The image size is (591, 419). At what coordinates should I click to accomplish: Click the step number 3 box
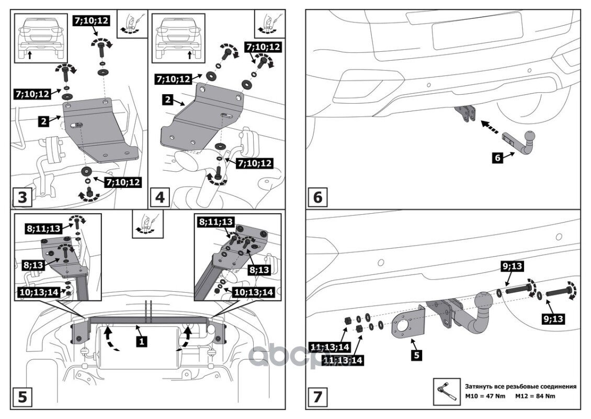[x=22, y=197]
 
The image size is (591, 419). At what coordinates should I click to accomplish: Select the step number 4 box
[x=160, y=197]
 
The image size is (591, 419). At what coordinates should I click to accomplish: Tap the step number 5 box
[x=22, y=396]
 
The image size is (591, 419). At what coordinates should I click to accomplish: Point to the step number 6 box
[x=318, y=197]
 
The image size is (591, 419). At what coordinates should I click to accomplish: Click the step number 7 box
[x=318, y=396]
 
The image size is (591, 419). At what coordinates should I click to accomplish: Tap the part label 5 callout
[x=416, y=355]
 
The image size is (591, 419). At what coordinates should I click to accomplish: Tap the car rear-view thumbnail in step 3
[x=40, y=37]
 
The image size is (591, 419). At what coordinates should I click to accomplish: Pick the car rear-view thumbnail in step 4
[x=178, y=37]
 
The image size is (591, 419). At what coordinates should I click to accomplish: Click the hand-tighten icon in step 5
[x=147, y=226]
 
